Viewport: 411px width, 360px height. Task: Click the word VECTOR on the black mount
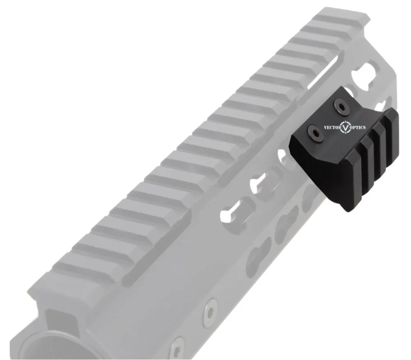pos(332,127)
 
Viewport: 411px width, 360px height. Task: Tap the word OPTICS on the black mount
pos(358,128)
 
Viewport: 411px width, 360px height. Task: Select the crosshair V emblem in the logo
pos(346,128)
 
